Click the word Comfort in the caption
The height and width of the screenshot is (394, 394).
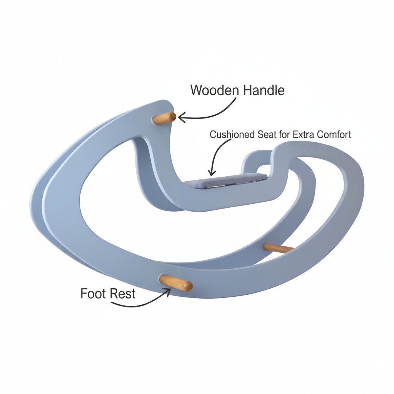coord(334,135)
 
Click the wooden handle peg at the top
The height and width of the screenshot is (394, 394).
coord(164,118)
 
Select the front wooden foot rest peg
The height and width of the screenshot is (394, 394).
coord(176,283)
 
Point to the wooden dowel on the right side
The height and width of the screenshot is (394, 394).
coord(278,248)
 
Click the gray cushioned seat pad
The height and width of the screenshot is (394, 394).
coord(225,180)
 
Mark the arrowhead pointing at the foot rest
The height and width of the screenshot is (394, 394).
coord(167,292)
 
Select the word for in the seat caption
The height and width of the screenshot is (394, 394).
coord(285,135)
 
